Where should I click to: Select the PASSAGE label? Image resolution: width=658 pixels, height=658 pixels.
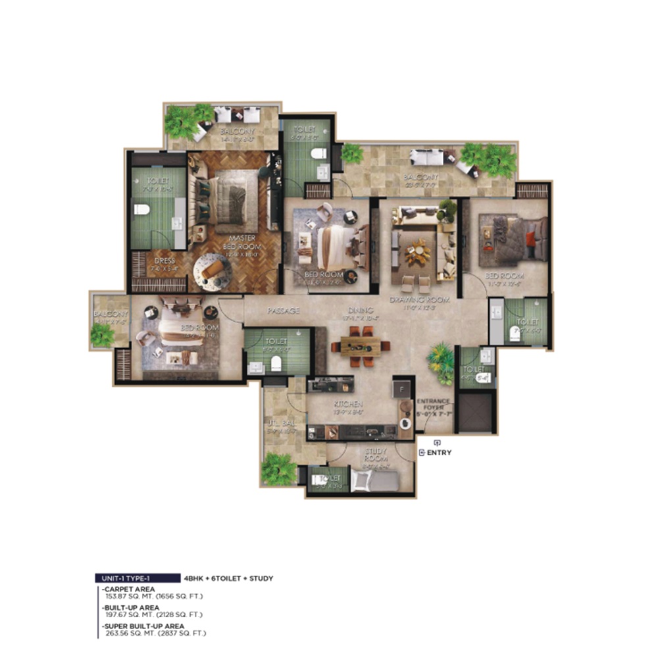tap(284, 310)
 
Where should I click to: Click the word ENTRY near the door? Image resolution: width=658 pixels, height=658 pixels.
tap(440, 453)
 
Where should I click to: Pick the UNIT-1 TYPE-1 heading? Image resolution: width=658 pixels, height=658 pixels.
tap(135, 578)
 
